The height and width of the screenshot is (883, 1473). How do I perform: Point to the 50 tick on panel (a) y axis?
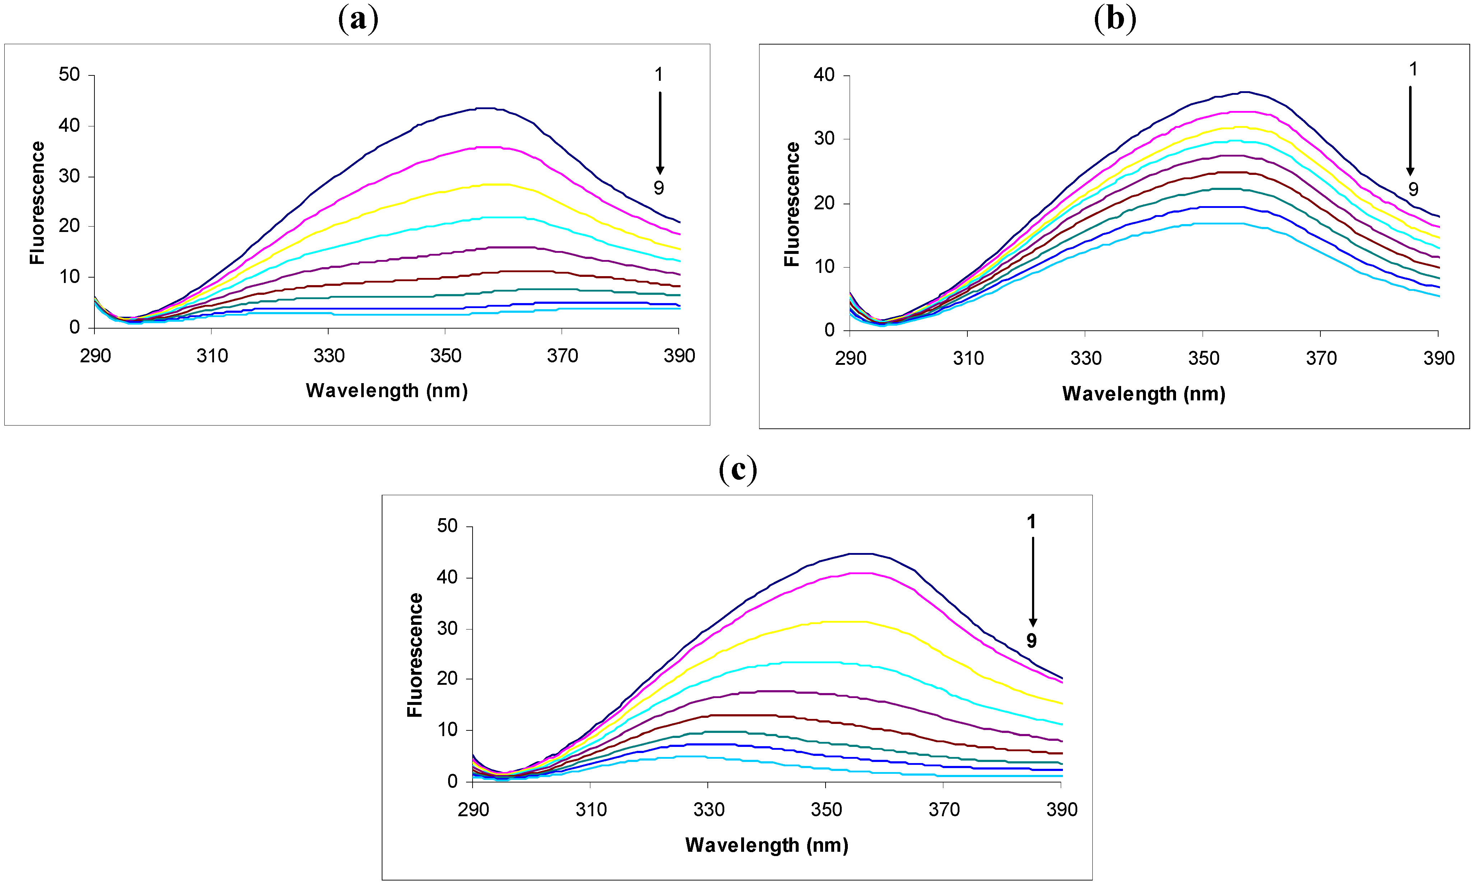(x=69, y=75)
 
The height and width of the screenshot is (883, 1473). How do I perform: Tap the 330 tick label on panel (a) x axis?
(x=329, y=356)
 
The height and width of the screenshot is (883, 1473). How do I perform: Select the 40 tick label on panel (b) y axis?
(x=824, y=75)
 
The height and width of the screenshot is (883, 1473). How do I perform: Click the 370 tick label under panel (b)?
(x=1321, y=358)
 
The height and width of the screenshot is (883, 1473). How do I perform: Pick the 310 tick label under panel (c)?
(x=591, y=809)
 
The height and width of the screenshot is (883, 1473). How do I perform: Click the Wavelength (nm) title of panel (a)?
(x=387, y=391)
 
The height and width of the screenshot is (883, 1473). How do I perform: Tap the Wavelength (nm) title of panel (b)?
(x=1143, y=394)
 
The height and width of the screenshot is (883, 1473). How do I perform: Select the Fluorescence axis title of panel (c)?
(x=415, y=655)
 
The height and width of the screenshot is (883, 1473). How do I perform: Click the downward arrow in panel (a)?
(x=660, y=132)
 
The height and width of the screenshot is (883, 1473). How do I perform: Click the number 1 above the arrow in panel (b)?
(x=1413, y=70)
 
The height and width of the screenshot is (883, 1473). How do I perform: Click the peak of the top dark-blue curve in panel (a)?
(x=487, y=108)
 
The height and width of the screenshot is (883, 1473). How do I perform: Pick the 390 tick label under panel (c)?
(x=1062, y=809)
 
